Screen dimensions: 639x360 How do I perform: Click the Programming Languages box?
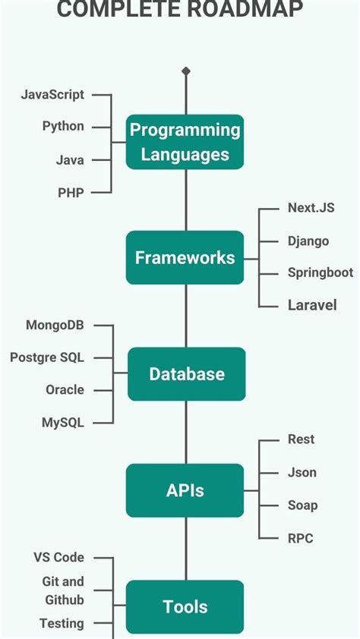(185, 142)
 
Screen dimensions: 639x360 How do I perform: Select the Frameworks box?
(185, 258)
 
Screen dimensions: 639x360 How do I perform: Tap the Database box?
(186, 374)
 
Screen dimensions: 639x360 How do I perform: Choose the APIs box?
(185, 490)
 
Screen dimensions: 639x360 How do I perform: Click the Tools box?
(185, 606)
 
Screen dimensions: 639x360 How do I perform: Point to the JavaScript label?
(52, 95)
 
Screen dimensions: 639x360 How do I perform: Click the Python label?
(63, 127)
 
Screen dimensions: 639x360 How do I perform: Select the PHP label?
(71, 193)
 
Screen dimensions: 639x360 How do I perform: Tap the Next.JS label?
(311, 208)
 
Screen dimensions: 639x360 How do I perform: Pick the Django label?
(308, 241)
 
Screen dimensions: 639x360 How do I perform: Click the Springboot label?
(320, 272)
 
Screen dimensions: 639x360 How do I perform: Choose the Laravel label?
(311, 306)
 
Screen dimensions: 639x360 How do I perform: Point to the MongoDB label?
(55, 326)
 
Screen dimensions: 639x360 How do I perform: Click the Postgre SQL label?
(47, 357)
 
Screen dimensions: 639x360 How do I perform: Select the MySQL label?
(63, 423)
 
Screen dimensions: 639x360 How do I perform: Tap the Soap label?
(302, 505)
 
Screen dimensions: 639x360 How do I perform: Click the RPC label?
(300, 538)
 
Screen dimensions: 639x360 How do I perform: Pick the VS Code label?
(58, 558)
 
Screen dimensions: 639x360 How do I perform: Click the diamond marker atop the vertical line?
(186, 71)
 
